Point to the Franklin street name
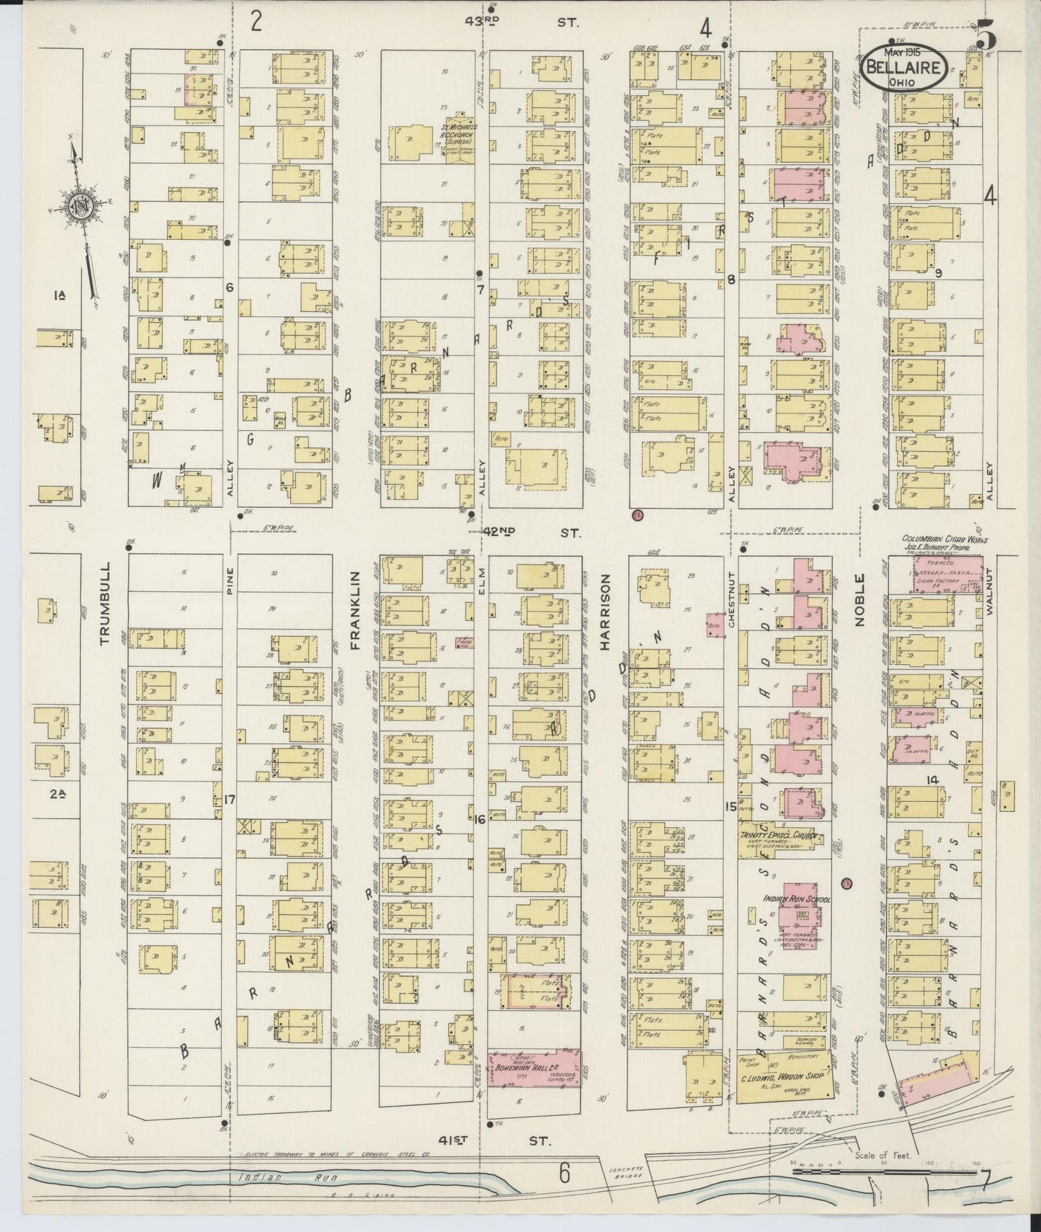[x=354, y=611]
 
